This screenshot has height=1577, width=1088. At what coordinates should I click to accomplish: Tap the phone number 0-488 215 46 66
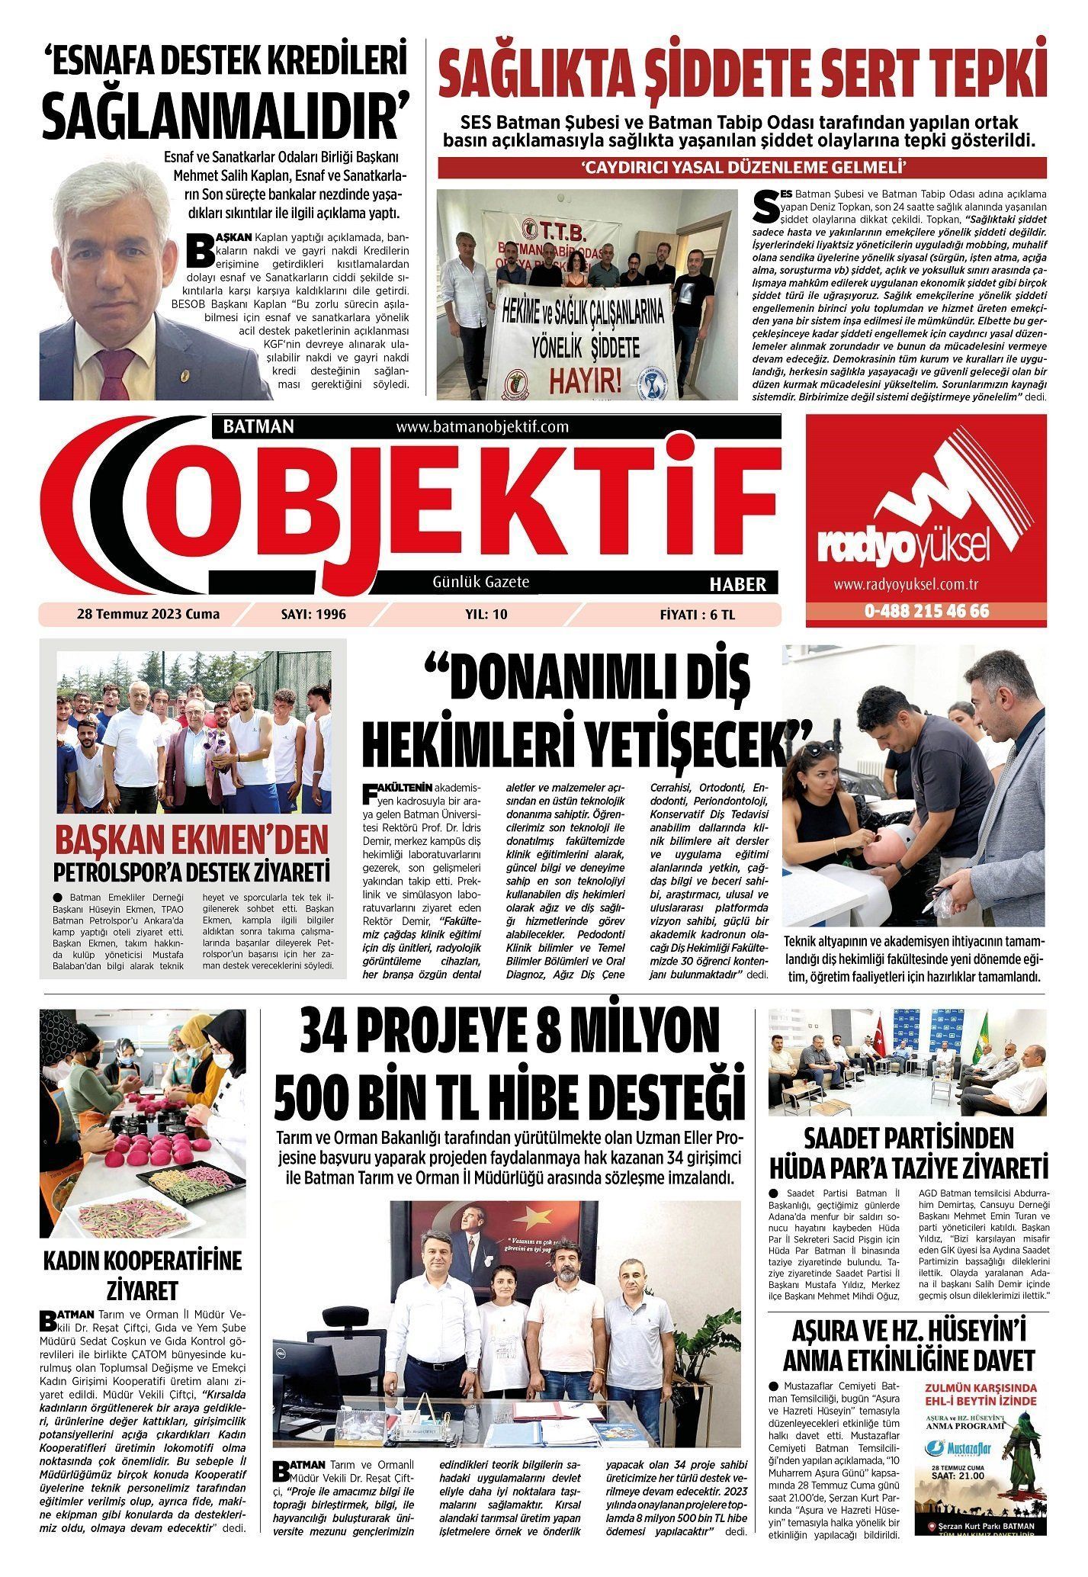[926, 612]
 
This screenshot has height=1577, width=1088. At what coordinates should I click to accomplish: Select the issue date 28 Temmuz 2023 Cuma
[148, 614]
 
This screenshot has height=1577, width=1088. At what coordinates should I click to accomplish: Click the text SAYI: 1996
[313, 614]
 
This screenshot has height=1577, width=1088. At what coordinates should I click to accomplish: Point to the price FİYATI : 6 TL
[698, 614]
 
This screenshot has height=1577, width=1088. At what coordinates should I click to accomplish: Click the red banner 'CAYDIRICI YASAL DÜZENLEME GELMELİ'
[741, 167]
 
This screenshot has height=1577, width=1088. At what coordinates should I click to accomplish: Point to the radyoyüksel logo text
[904, 547]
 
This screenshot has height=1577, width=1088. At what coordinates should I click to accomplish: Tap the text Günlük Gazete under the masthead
[480, 582]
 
